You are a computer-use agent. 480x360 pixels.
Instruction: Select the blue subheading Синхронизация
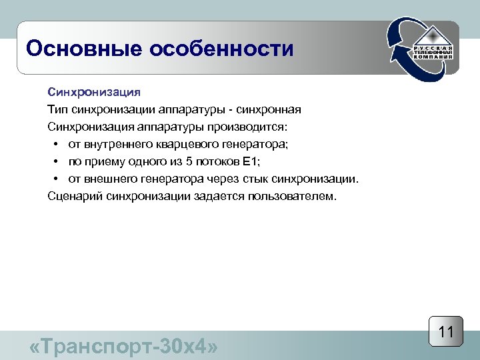coord(93,91)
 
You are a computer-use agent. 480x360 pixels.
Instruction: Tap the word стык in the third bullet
coord(273,179)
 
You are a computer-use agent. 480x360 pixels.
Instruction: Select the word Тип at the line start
coord(57,109)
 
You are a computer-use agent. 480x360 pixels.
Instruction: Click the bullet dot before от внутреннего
coord(56,144)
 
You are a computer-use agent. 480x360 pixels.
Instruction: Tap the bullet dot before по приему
coord(56,161)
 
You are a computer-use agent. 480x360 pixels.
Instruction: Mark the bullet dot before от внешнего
coord(56,179)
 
